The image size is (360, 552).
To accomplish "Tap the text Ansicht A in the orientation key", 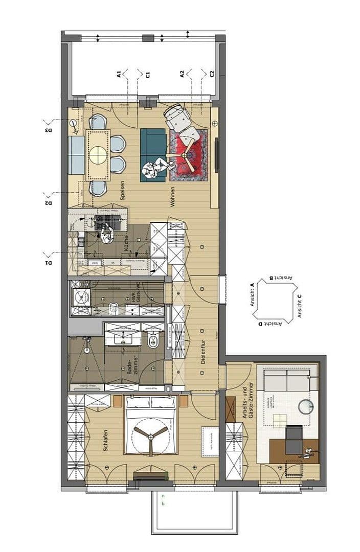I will (x=252, y=295).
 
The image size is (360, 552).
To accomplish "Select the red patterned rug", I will (x=189, y=155).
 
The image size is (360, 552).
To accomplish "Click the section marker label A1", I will (x=119, y=75).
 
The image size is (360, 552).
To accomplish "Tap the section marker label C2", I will (x=212, y=74).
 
